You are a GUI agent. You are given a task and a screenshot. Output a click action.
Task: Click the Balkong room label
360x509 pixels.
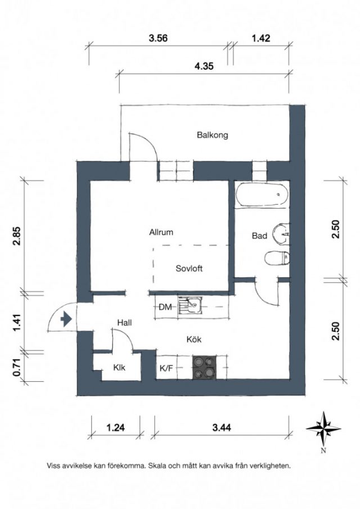(212, 135)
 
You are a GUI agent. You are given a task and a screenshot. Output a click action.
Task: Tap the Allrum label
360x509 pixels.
(161, 232)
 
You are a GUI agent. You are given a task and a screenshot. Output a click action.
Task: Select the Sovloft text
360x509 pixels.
(189, 268)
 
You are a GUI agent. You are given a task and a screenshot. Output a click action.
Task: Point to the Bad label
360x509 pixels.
(259, 236)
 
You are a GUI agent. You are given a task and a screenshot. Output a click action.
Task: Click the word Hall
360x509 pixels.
(124, 323)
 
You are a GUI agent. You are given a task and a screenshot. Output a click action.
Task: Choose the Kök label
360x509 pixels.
(194, 339)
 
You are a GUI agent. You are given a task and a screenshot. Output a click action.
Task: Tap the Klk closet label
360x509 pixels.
(119, 367)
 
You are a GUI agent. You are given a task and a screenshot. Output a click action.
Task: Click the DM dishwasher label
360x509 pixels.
(165, 307)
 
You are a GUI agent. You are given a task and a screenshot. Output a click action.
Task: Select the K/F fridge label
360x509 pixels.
(166, 368)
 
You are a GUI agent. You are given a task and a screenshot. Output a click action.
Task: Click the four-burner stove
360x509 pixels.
(205, 367)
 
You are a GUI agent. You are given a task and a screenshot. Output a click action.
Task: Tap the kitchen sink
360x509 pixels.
(190, 305)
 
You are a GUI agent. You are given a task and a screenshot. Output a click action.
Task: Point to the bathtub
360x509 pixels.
(262, 194)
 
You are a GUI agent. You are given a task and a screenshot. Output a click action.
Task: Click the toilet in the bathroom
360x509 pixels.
(277, 258)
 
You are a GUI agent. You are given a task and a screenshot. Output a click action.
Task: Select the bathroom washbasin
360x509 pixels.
(281, 233)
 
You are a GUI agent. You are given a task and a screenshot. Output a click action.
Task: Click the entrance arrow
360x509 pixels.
(66, 319)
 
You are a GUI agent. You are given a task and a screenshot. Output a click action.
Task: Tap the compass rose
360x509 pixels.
(323, 429)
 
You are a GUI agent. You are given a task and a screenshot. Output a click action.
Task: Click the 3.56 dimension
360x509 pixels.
(158, 38)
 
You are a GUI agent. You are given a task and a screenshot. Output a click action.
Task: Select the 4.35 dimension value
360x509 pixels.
(204, 66)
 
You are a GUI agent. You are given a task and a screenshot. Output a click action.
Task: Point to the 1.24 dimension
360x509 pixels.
(115, 427)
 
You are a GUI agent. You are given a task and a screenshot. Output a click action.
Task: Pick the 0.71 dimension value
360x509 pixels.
(17, 367)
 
